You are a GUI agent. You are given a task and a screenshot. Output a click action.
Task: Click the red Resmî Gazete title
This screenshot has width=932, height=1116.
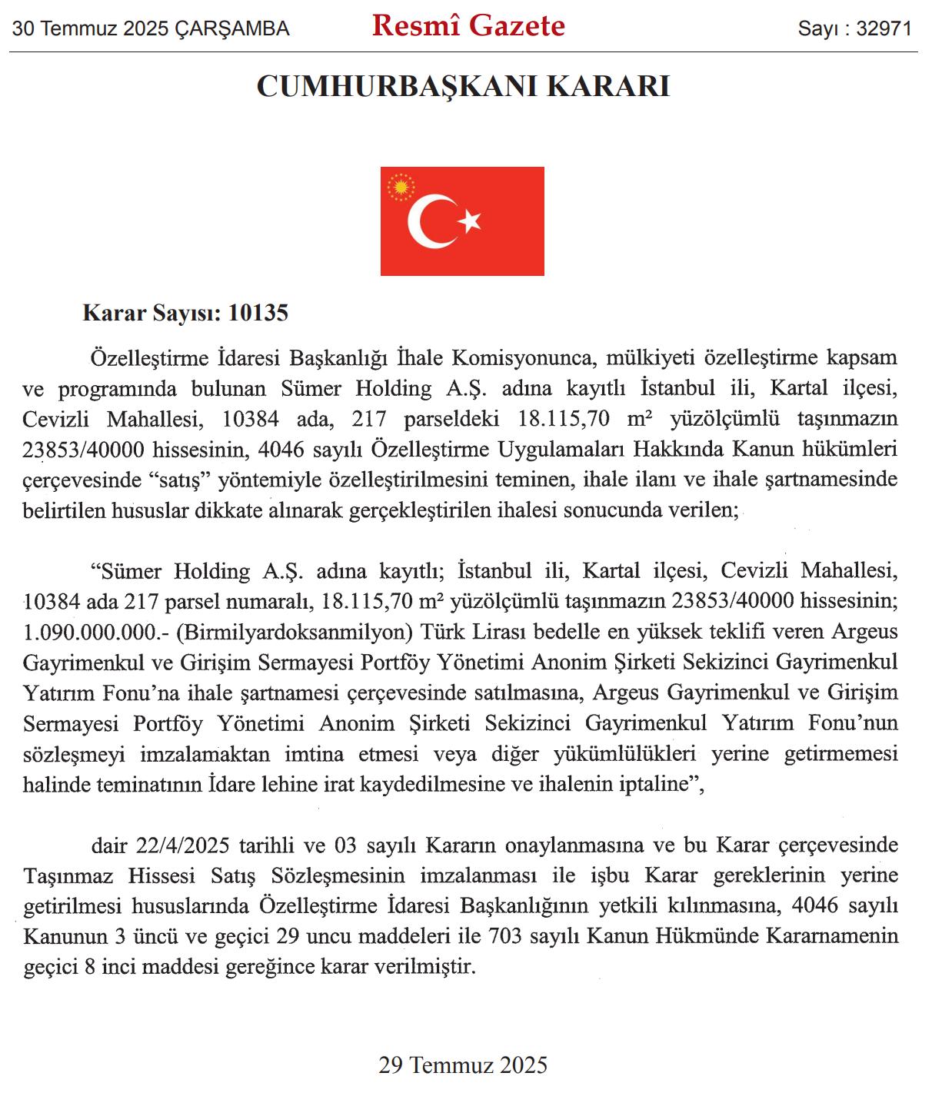tap(468, 26)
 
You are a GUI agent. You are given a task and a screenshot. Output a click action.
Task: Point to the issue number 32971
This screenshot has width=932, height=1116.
tap(884, 29)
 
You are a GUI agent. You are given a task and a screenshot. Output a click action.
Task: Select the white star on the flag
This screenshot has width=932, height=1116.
tap(470, 221)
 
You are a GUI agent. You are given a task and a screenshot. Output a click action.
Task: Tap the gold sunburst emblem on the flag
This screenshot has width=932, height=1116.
tap(401, 187)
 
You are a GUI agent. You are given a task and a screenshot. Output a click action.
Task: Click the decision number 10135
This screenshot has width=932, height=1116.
tap(258, 313)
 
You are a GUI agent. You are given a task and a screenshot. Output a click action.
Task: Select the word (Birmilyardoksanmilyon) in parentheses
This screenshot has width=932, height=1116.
tap(295, 632)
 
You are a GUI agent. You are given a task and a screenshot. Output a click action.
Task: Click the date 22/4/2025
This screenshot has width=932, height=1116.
tap(183, 845)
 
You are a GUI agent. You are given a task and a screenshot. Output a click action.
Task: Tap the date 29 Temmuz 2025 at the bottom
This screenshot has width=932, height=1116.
tap(463, 1065)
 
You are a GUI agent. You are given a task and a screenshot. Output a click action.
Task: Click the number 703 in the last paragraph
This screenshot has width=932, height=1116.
tap(504, 936)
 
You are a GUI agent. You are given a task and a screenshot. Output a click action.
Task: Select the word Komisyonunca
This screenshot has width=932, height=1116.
tap(522, 358)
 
